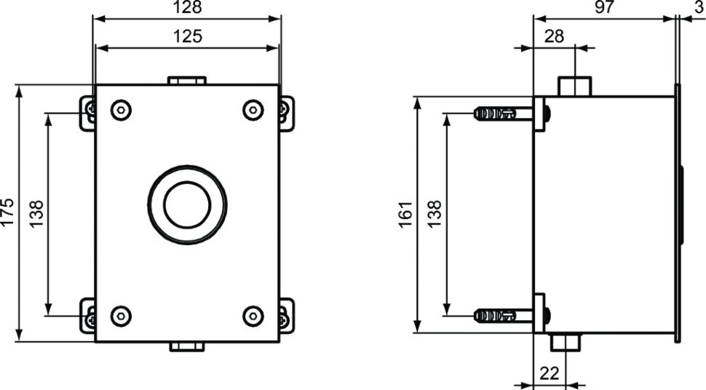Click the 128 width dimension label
tap(187, 8)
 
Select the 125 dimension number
tap(188, 36)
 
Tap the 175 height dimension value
tap(8, 212)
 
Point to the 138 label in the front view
tap(36, 214)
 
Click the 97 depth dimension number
tap(604, 8)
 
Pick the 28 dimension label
tap(554, 36)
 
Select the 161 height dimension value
tap(405, 215)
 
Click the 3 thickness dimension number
tap(699, 8)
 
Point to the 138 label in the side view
tap(435, 214)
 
